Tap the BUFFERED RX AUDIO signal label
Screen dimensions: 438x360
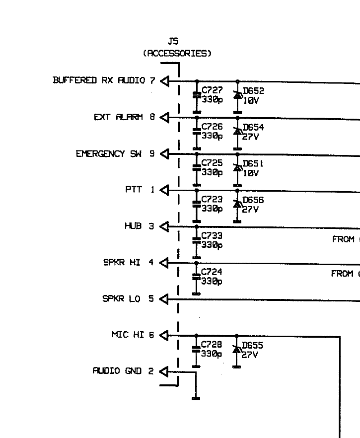click(x=99, y=80)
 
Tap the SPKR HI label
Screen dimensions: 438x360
click(x=122, y=263)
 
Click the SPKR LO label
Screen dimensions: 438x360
click(x=121, y=299)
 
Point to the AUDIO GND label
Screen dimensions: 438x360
click(x=118, y=371)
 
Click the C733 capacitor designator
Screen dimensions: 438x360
click(x=212, y=236)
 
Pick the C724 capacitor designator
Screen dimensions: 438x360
click(x=212, y=272)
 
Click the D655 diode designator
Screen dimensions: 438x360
click(x=253, y=345)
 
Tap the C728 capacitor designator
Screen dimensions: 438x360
click(x=211, y=345)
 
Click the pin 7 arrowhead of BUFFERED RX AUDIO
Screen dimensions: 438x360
click(x=164, y=81)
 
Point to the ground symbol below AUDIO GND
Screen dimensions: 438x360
click(x=196, y=397)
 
